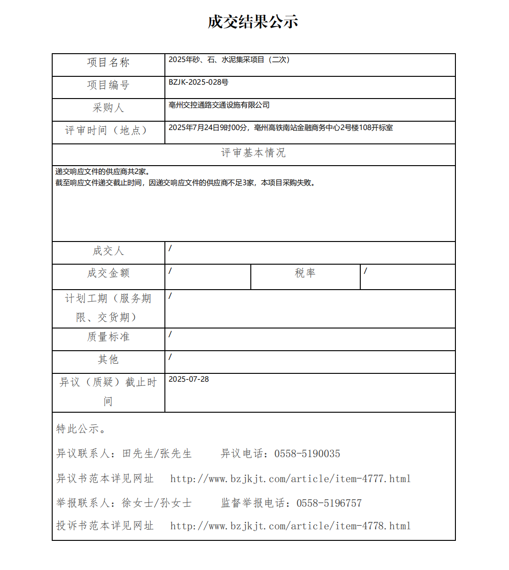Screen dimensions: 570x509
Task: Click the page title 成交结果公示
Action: pyautogui.click(x=253, y=22)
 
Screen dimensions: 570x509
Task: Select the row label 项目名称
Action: pyautogui.click(x=108, y=62)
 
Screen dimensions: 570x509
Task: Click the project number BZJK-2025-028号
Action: pyautogui.click(x=198, y=82)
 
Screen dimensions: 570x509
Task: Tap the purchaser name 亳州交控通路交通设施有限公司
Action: pyautogui.click(x=219, y=105)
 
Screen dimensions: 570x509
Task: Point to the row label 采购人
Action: pyautogui.click(x=108, y=108)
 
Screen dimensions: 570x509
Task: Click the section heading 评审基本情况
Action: pyautogui.click(x=253, y=153)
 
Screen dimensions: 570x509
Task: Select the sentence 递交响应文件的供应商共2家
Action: pyautogui.click(x=102, y=172)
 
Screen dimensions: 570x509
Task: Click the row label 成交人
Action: pyautogui.click(x=108, y=251)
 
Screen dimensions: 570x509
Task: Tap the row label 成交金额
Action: pyautogui.click(x=108, y=273)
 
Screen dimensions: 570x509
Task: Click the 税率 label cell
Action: pyautogui.click(x=305, y=273)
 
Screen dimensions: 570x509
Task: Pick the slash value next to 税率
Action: pyautogui.click(x=365, y=271)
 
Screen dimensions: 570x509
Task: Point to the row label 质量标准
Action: pyautogui.click(x=108, y=337)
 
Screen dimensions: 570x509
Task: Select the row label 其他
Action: pyautogui.click(x=108, y=359)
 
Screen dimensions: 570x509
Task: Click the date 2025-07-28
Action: pyautogui.click(x=188, y=379)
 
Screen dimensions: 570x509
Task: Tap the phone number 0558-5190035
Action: pyautogui.click(x=307, y=454)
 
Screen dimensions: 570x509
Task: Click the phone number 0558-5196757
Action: pyautogui.click(x=329, y=503)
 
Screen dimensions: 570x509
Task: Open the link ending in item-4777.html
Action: pyautogui.click(x=290, y=479)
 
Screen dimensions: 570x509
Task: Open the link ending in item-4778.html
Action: pyautogui.click(x=290, y=526)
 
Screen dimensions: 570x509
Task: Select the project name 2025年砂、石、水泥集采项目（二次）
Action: pyautogui.click(x=229, y=60)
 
